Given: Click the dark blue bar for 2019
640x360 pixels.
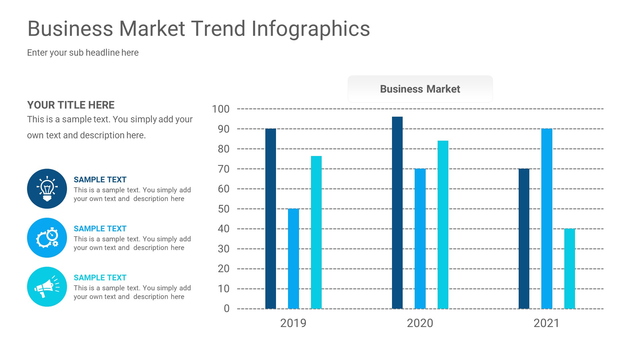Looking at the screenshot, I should point(271,219).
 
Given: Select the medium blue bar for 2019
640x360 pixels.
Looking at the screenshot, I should point(293,259).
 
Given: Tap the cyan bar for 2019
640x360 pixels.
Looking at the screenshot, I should point(316,232).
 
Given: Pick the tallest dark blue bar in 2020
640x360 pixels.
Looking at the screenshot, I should point(397,213).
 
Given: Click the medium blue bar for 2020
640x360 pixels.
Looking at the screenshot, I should point(420,239).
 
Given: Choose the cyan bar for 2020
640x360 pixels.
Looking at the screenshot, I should point(443,225).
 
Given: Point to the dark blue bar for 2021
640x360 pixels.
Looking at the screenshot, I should point(524,239).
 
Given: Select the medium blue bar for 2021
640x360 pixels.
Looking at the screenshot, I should point(547,219).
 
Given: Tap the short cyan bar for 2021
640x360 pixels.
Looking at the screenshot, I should point(569,269).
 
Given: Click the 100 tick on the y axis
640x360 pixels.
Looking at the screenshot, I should point(221,109).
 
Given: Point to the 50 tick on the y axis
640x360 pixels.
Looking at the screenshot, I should point(223,209).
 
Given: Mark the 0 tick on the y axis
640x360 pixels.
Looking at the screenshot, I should point(227,309).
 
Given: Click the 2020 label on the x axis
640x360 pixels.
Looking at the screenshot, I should point(420,323).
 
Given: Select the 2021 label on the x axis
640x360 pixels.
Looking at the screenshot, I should point(547,323).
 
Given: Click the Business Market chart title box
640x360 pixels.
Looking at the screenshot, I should point(420,89).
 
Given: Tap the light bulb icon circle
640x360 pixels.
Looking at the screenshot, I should point(47,189).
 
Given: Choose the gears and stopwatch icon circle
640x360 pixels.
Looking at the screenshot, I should point(47,238).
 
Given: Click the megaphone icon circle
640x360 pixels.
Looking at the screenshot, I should point(47,287).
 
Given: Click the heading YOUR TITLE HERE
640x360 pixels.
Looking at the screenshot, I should point(71,105).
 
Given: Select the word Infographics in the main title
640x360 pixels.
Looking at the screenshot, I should point(311,29).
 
